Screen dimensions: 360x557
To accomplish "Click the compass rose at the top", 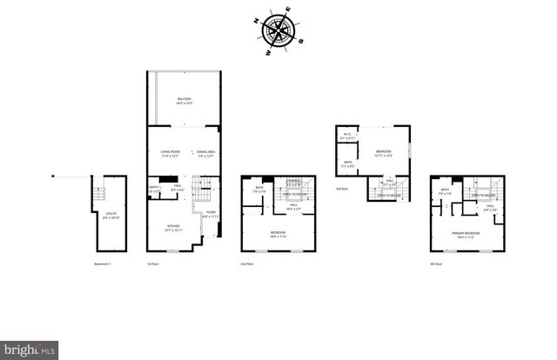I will [x=278, y=32].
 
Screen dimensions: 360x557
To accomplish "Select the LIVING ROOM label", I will [x=169, y=153].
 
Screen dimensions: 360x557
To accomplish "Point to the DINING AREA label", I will [x=206, y=153].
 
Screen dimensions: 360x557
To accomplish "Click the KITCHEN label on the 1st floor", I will [x=173, y=227].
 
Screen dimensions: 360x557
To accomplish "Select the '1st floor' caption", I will [x=152, y=263].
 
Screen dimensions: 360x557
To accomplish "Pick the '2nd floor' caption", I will [x=246, y=263].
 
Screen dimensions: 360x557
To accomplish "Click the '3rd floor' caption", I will [x=341, y=189].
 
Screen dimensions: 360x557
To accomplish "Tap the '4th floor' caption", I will [x=435, y=263].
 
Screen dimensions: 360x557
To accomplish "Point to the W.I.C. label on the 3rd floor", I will [x=346, y=134].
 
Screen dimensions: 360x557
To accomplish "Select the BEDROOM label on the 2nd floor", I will [x=278, y=234].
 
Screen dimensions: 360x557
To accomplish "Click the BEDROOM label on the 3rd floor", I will [x=384, y=153].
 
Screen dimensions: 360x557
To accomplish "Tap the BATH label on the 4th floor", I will [x=445, y=190].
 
